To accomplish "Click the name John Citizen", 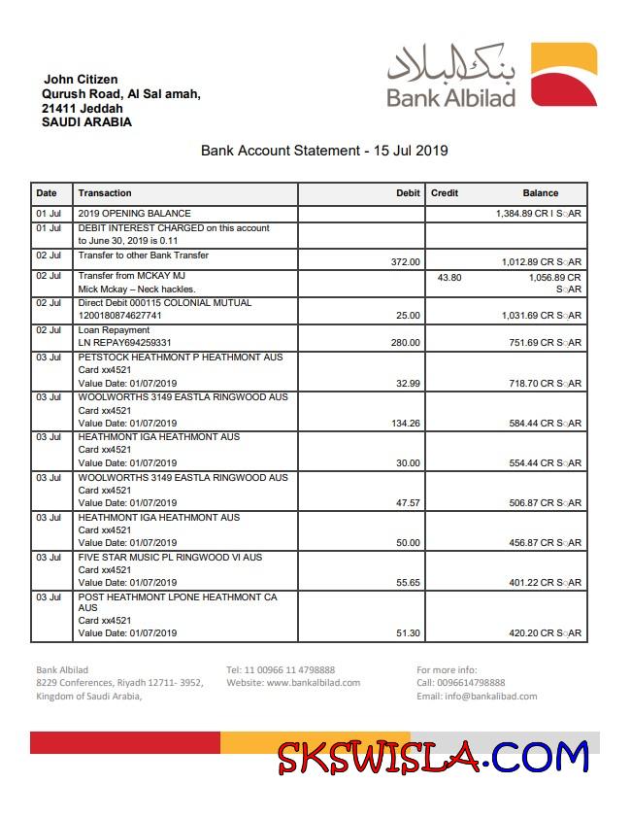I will tap(81, 80).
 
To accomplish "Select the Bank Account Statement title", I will tap(324, 151).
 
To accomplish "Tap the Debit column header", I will tap(408, 193).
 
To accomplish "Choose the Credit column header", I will tap(445, 193).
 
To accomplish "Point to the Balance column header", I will tap(540, 193).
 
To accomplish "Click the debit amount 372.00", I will tap(405, 262).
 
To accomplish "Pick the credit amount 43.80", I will tap(449, 277).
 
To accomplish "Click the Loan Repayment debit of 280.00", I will tap(405, 343).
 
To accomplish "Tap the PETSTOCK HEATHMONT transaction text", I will tap(180, 358).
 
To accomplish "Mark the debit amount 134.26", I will tap(405, 424).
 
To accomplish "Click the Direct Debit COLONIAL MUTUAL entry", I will tap(164, 303).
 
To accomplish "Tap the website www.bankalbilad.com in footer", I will tap(293, 683).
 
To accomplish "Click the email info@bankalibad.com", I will tap(477, 697).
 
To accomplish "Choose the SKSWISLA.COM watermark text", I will tap(432, 756).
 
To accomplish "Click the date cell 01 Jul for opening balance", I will tap(49, 214).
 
